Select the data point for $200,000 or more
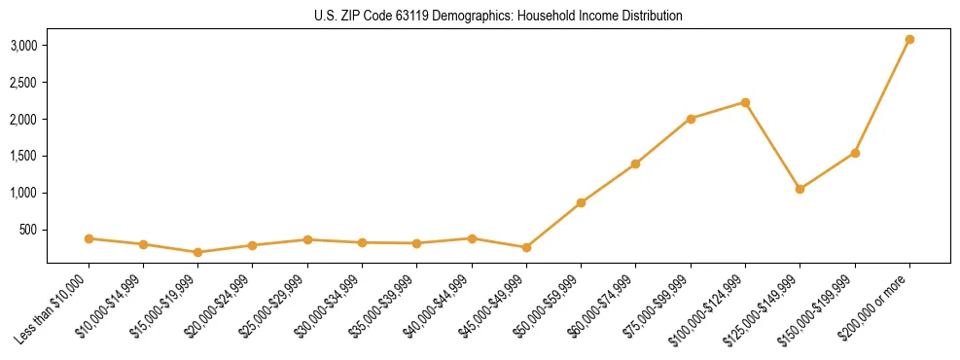pyautogui.click(x=909, y=40)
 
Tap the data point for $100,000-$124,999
pyautogui.click(x=745, y=102)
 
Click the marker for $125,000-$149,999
pyautogui.click(x=800, y=189)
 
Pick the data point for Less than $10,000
pyautogui.click(x=89, y=238)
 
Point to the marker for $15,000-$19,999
pyautogui.click(x=197, y=252)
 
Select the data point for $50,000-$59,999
pyautogui.click(x=581, y=202)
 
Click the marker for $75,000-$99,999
pyautogui.click(x=691, y=119)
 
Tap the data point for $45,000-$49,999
pyautogui.click(x=526, y=247)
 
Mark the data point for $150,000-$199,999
pyautogui.click(x=855, y=153)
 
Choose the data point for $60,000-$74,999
pyautogui.click(x=635, y=163)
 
